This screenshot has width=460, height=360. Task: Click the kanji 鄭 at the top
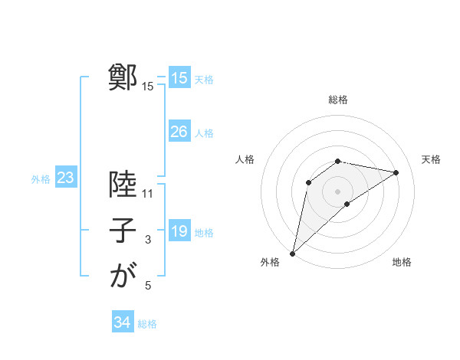point(123,78)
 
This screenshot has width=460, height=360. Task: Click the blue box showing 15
point(179,78)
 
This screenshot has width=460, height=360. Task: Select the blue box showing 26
point(179,132)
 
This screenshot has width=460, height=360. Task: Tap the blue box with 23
point(66,178)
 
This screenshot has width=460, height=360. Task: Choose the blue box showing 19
point(179,231)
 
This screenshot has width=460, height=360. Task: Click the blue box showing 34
point(123,322)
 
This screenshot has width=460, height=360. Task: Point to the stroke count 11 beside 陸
point(148,194)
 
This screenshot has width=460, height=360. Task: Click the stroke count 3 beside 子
point(148,240)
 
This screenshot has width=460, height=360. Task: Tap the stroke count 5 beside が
point(148,286)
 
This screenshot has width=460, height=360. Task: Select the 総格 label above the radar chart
point(338,100)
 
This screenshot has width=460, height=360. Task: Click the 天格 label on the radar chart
point(431,159)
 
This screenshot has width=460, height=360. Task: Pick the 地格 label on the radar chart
point(402,263)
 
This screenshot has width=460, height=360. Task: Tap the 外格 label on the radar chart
point(270,263)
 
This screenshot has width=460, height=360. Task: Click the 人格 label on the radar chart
point(245,159)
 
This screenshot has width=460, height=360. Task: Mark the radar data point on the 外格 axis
point(292,253)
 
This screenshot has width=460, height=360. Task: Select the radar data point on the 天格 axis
point(396,172)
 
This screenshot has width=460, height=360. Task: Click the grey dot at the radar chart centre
point(337,191)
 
